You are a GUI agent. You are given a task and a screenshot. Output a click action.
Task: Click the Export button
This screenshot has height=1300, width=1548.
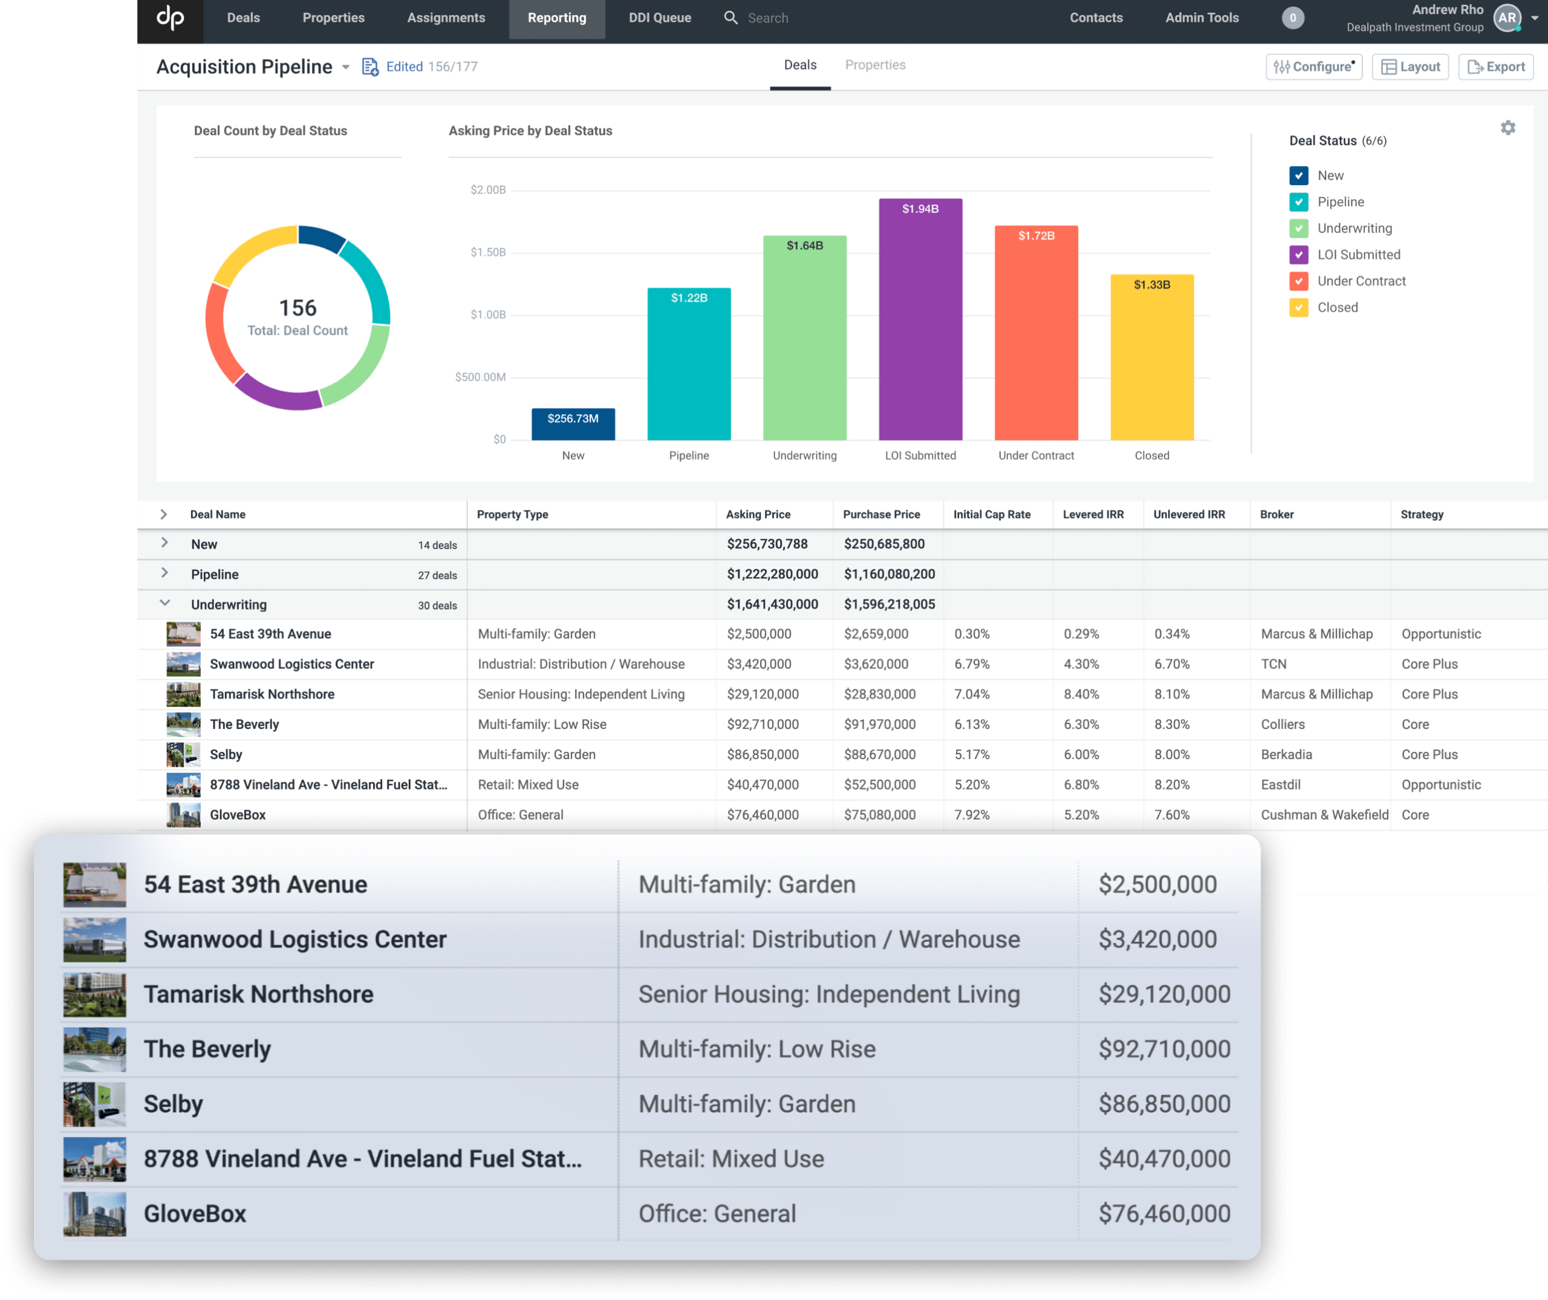pos(1495,67)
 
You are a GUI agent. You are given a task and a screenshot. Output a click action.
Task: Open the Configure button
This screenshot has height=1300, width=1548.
pos(1313,67)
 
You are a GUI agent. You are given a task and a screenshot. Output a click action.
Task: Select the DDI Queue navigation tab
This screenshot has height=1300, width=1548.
pos(660,18)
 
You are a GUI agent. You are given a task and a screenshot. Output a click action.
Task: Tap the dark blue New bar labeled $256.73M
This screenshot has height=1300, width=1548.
pos(573,424)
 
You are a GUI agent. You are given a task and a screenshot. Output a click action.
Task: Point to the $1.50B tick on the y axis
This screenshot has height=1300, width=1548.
pos(488,252)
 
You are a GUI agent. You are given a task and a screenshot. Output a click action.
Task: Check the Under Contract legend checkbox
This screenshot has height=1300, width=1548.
pos(1299,281)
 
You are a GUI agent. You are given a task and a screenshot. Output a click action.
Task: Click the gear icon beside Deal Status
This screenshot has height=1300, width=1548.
pos(1508,128)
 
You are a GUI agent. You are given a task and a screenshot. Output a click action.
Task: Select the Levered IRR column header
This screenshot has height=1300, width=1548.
pos(1093,515)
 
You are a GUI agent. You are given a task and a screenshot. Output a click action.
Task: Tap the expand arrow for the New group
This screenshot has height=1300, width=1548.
pos(164,543)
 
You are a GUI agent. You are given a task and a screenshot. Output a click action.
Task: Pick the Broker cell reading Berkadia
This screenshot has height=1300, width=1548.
pos(1286,754)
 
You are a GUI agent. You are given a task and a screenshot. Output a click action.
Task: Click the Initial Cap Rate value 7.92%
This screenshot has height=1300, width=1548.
pos(972,815)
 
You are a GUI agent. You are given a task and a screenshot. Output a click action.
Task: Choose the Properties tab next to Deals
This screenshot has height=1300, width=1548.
pos(875,65)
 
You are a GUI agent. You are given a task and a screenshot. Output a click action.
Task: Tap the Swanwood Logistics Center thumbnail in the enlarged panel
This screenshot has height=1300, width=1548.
pos(94,939)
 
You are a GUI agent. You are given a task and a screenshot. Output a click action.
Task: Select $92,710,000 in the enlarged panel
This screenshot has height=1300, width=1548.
pos(1164,1048)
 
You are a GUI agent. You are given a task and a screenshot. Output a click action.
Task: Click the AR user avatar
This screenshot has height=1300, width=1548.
pos(1507,18)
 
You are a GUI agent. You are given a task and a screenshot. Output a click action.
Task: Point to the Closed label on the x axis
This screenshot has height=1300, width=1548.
pos(1151,456)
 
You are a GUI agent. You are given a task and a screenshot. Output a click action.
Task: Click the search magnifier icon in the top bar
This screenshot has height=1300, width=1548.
pos(730,18)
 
